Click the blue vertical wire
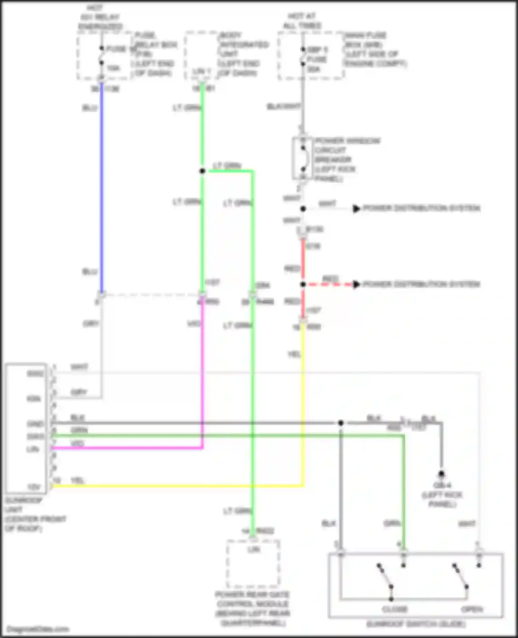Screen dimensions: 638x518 coord(102,190)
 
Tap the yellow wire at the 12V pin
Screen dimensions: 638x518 coord(173,486)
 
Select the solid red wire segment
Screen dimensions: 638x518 coord(303,263)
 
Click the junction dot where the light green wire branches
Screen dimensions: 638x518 coord(202,171)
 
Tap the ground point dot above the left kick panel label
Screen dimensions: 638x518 coord(441,474)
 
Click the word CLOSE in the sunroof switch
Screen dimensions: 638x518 coord(394,609)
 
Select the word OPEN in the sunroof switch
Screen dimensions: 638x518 coord(472,609)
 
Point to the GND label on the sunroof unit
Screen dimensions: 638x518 coord(36,424)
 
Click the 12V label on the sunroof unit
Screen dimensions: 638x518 coord(34,487)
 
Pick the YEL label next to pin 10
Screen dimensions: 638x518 coord(77,480)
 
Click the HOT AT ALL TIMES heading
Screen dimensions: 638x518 coord(302,21)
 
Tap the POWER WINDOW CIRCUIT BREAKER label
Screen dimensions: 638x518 coord(347,160)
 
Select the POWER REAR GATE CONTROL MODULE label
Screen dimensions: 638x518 coord(252,609)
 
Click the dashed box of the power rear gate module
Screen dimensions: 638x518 coord(253,564)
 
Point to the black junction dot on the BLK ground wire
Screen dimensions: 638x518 coord(340,423)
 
